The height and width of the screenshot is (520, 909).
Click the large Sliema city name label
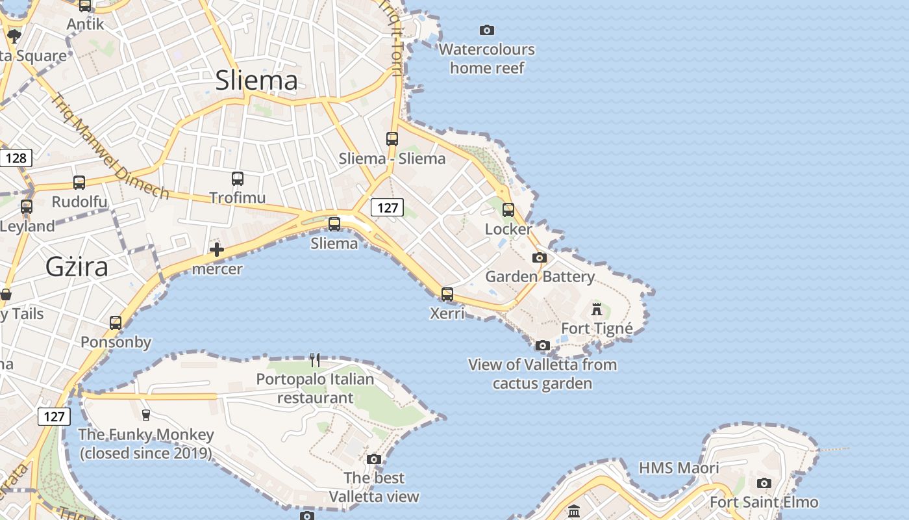point(256,80)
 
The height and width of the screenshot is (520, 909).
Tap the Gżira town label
point(77,267)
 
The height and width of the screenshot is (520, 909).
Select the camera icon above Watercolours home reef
point(487,30)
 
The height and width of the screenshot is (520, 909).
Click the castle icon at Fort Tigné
point(597,309)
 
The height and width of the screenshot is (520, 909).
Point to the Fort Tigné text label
point(597,328)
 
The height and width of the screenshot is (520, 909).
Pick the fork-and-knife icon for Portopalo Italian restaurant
point(315,359)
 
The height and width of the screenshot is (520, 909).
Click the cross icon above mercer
point(217,250)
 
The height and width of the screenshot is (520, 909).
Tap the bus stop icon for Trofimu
point(238,178)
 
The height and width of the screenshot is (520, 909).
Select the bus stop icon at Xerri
point(447,294)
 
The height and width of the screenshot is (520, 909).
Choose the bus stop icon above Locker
point(508,210)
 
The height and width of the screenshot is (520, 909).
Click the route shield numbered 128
point(16,157)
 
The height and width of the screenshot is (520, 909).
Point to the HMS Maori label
point(679,468)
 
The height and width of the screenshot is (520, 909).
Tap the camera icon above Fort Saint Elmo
point(764,483)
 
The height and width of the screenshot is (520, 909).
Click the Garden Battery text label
point(540,276)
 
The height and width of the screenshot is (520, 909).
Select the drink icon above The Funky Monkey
point(145,415)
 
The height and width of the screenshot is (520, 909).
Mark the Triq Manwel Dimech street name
point(110,147)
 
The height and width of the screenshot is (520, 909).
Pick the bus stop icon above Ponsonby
point(116,322)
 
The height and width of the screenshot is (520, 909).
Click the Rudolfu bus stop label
point(79,201)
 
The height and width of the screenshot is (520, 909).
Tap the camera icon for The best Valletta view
point(373,459)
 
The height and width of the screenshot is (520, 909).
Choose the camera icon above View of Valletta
point(543,345)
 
